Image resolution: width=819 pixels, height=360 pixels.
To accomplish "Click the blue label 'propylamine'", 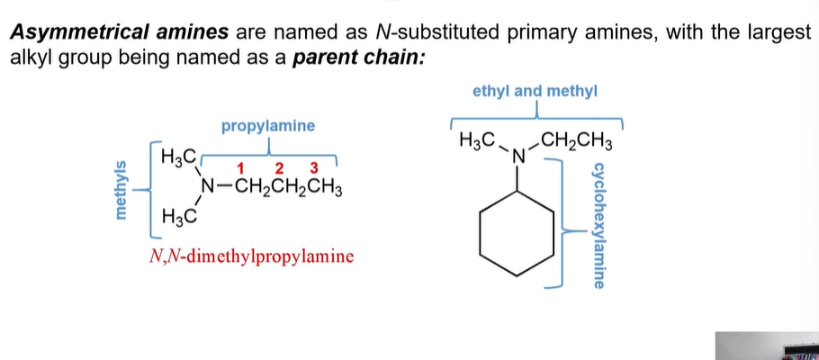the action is (268, 126).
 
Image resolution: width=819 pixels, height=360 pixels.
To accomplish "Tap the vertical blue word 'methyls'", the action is (121, 189).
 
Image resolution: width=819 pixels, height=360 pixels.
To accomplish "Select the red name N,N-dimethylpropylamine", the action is (251, 256).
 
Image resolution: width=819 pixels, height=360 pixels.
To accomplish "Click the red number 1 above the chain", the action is (241, 168).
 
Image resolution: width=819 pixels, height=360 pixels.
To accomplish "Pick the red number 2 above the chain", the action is (279, 168).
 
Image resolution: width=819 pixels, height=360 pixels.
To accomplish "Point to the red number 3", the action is (314, 168).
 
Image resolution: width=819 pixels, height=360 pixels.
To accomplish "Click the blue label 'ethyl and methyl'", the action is (535, 92).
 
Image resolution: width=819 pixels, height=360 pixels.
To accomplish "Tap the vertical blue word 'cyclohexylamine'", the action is (598, 226).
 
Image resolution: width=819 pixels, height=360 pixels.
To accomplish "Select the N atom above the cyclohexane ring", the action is (518, 157).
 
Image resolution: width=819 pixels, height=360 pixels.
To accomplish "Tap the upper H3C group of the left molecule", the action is (178, 157).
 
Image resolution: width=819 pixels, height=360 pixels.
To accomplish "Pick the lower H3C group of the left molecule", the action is (178, 216).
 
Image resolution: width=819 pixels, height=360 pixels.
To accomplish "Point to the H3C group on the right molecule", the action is (477, 141).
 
